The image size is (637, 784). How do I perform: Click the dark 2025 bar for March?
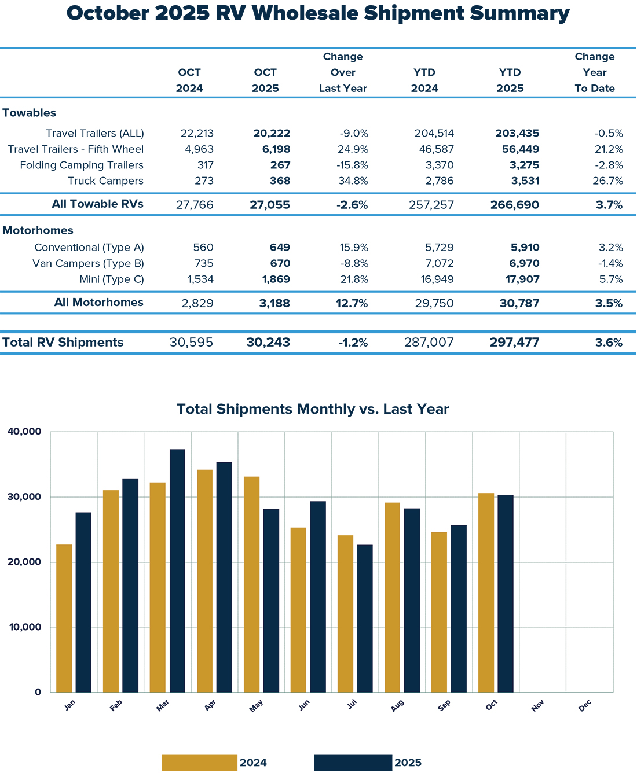(x=177, y=570)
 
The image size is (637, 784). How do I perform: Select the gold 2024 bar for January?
(x=64, y=618)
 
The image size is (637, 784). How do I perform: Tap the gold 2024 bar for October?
(x=486, y=592)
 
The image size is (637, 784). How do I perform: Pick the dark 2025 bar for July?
(x=365, y=618)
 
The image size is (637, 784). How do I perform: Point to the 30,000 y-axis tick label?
(x=25, y=497)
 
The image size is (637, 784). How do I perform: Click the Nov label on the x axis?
(x=537, y=706)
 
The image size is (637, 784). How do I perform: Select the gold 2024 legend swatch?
(x=199, y=763)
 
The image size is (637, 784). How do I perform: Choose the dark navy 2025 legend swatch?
(x=353, y=763)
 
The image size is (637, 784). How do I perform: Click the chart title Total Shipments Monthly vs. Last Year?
(x=313, y=409)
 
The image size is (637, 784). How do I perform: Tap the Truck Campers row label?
(x=105, y=181)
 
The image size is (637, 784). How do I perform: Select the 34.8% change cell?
(x=353, y=181)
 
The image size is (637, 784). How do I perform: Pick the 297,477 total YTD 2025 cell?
(x=514, y=343)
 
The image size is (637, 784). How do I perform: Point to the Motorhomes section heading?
(x=38, y=230)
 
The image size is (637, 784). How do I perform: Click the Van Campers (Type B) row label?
(x=88, y=263)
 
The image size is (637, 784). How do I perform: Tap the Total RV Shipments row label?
(x=63, y=343)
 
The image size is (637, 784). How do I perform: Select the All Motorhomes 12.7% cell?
(x=352, y=303)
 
